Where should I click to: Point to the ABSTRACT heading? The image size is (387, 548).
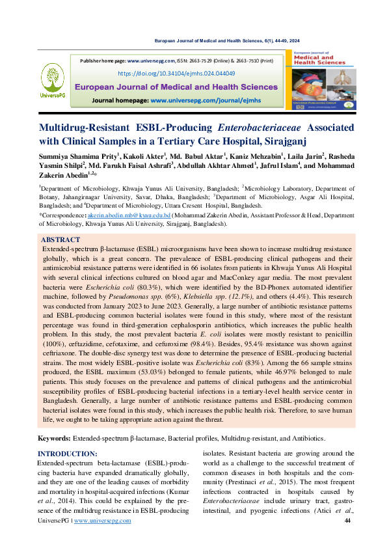tap(61, 240)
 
